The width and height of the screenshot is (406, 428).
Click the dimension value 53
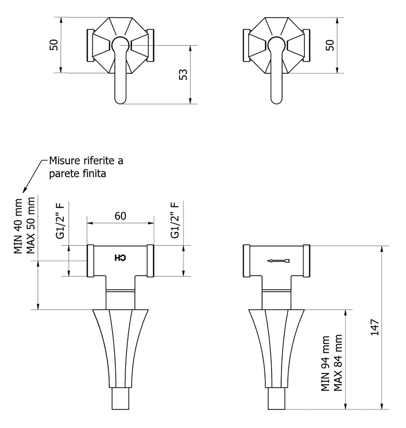183,74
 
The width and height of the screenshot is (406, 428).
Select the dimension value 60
120,216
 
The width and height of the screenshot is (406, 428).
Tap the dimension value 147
375,327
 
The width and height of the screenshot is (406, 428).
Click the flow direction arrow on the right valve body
278,261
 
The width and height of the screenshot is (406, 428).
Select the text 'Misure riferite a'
86,161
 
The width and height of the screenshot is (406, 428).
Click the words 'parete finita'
78,174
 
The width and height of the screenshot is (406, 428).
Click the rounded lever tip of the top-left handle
121,100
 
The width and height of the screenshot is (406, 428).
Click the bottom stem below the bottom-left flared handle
121,399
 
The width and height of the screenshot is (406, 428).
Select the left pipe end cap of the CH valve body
90,261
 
